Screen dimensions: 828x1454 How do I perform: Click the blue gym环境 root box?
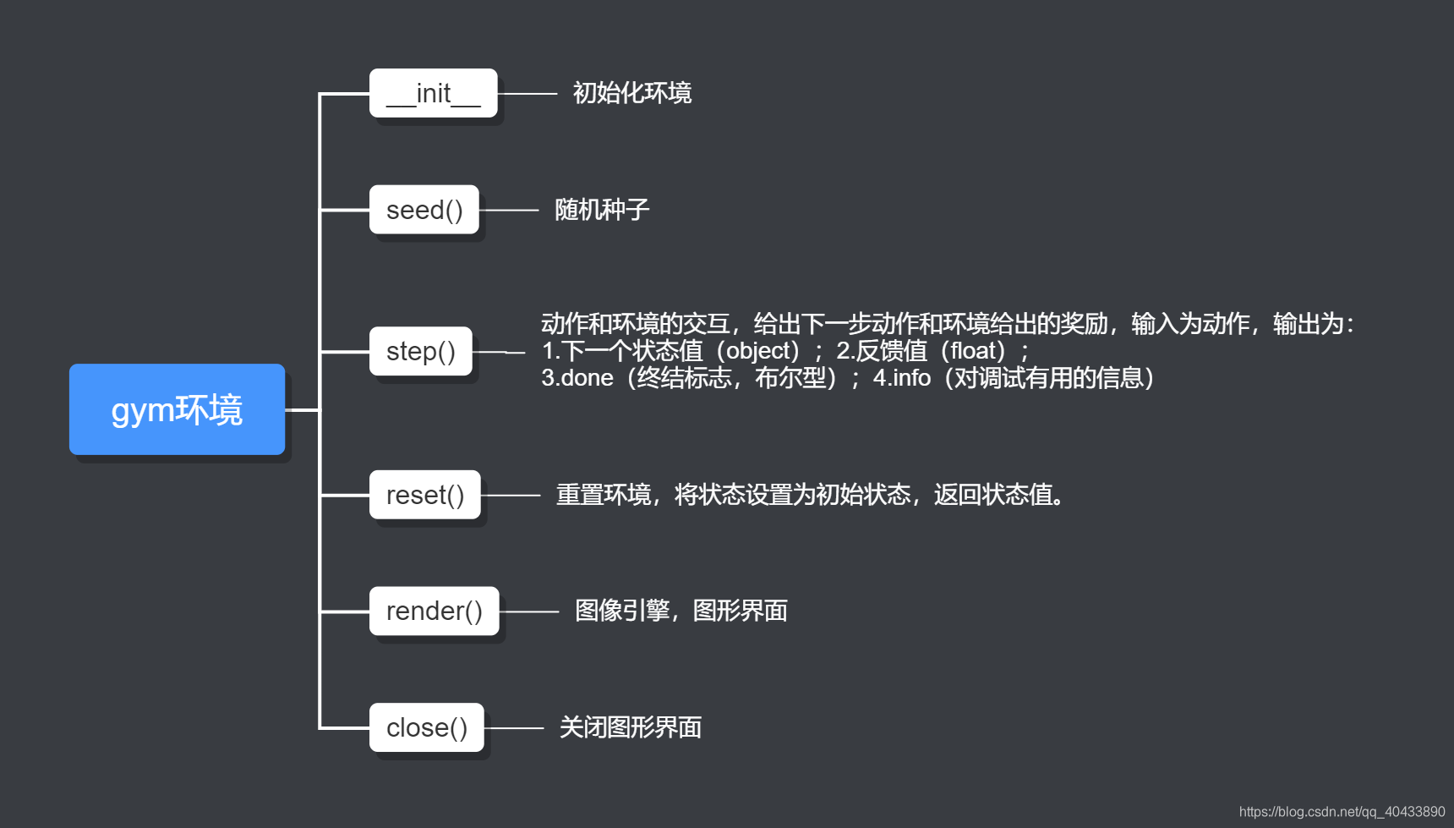(177, 409)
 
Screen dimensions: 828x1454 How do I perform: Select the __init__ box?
(433, 93)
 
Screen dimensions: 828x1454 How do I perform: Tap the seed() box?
(424, 210)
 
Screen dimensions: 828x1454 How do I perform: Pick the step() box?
(420, 351)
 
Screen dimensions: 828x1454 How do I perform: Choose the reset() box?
(424, 495)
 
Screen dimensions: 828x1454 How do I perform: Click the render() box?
(434, 611)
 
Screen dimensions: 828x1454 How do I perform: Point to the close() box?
(426, 727)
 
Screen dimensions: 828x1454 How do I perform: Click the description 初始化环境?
(631, 93)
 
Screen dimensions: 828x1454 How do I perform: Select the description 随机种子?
(601, 210)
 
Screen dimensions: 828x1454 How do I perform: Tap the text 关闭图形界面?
(630, 727)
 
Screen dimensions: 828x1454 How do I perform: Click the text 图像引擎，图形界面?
(681, 611)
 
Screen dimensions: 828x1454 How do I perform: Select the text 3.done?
(577, 378)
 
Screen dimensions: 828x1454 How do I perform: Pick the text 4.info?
(901, 378)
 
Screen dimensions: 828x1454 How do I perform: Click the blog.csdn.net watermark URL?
(1342, 811)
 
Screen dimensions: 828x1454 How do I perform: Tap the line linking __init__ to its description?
(527, 93)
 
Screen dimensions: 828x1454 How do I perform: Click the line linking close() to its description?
(514, 727)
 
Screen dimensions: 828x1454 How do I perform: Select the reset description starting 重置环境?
(809, 495)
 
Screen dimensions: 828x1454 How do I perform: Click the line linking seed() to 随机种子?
(509, 210)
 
